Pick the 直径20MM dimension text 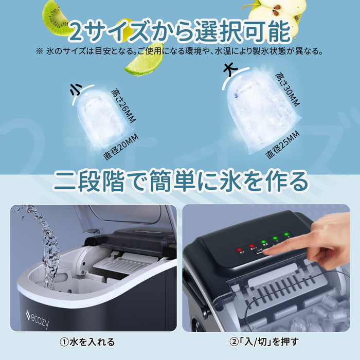coord(121,146)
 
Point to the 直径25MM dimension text coord(282,145)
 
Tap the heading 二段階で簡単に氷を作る coord(179,181)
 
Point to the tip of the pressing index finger coord(266,251)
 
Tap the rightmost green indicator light coord(286,236)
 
